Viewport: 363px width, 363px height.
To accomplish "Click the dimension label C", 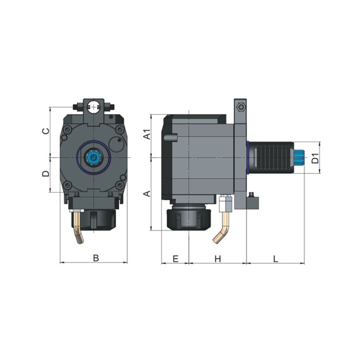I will pyautogui.click(x=45, y=131).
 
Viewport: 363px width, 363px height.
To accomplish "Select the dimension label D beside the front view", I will pyautogui.click(x=45, y=174).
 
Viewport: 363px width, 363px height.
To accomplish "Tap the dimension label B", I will pyautogui.click(x=95, y=258).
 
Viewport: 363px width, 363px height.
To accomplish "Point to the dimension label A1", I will pyautogui.click(x=146, y=134).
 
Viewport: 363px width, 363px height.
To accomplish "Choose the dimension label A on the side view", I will pyautogui.click(x=146, y=193).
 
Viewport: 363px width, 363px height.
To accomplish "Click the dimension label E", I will pyautogui.click(x=175, y=258).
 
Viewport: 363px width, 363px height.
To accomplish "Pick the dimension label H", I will pyautogui.click(x=217, y=258).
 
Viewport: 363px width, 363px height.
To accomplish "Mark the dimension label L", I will pyautogui.click(x=275, y=258).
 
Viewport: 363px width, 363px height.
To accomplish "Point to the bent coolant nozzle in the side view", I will pyautogui.click(x=222, y=226).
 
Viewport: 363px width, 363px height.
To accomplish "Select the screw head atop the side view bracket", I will pyautogui.click(x=240, y=105).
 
